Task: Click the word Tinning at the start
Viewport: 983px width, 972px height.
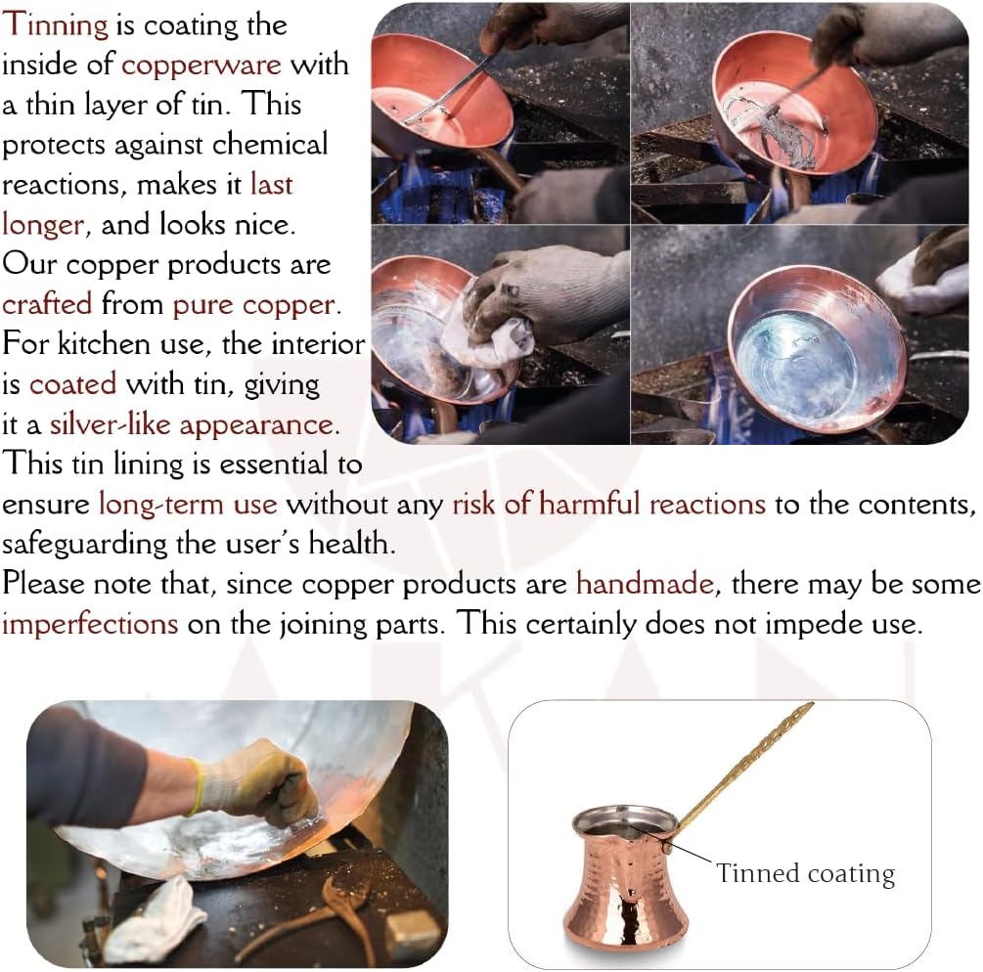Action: click(55, 24)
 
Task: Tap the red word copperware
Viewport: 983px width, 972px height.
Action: click(201, 66)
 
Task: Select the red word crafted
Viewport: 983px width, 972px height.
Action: click(47, 304)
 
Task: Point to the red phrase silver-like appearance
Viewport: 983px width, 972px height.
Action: click(195, 425)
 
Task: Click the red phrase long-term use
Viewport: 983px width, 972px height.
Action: click(188, 505)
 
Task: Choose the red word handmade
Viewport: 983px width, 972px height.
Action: click(646, 584)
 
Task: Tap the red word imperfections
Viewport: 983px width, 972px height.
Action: click(90, 624)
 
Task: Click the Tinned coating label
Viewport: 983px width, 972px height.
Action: click(806, 873)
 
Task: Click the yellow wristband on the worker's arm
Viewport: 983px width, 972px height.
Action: click(198, 786)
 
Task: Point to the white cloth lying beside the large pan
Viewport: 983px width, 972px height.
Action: click(154, 919)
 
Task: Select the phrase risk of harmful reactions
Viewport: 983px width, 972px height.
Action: click(608, 505)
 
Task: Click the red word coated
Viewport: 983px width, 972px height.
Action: click(72, 384)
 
